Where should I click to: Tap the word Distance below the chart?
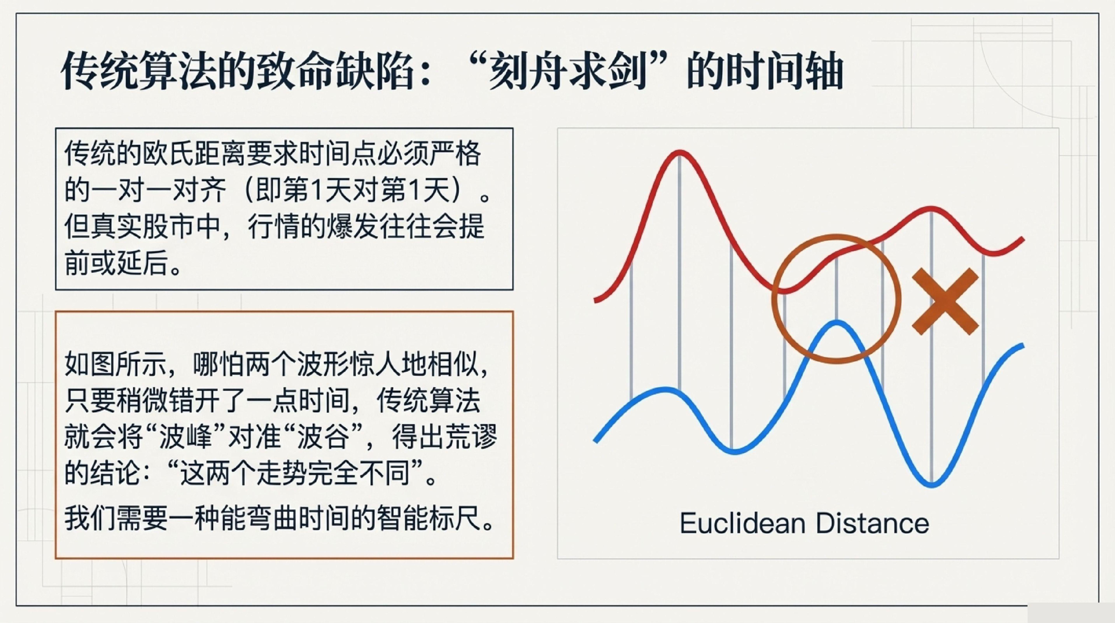pos(873,523)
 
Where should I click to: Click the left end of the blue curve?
pos(595,441)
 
